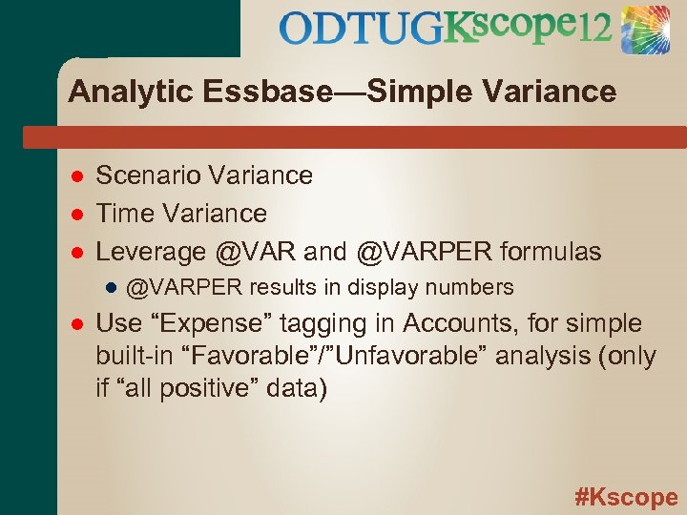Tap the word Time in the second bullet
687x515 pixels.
[x=121, y=214]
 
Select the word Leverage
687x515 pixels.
[x=151, y=252]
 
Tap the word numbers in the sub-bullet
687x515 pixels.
[x=473, y=287]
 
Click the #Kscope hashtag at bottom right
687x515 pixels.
[x=626, y=497]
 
